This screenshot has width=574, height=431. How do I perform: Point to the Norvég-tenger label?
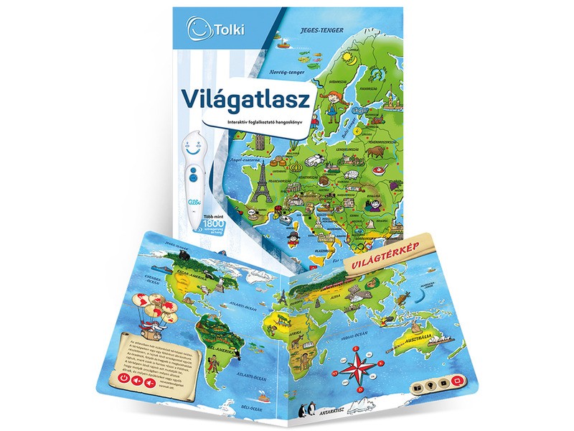point(281,71)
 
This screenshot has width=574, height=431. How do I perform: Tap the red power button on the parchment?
point(125,377)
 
